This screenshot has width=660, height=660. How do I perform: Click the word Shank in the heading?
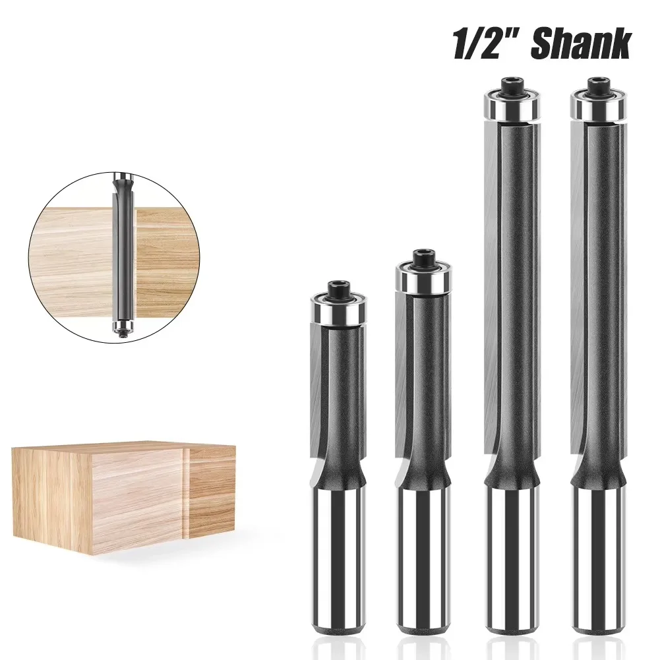point(580,45)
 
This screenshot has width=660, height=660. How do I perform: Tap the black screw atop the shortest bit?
point(338,287)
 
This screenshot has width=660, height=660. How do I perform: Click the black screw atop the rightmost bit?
point(598,86)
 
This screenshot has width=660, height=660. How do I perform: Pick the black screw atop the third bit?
point(513,86)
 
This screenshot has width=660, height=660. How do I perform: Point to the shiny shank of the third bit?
point(513,560)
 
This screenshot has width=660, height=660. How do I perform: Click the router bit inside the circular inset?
point(123,251)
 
